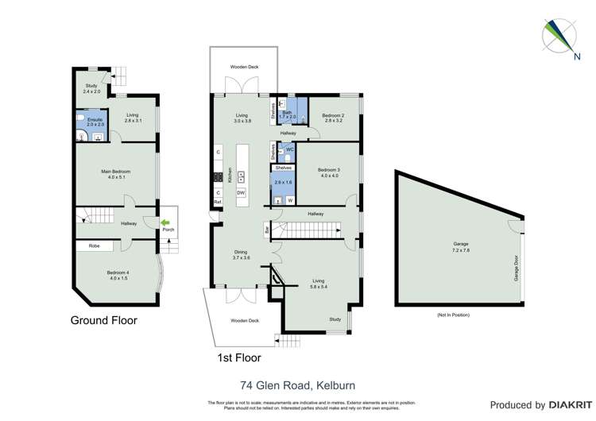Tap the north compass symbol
558,36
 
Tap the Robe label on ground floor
94,246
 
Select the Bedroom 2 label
332,118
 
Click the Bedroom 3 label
328,172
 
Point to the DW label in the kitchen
241,193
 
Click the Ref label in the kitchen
217,203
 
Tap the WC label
290,149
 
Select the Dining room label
242,255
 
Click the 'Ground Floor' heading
103,321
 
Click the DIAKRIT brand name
567,405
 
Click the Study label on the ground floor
93,88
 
